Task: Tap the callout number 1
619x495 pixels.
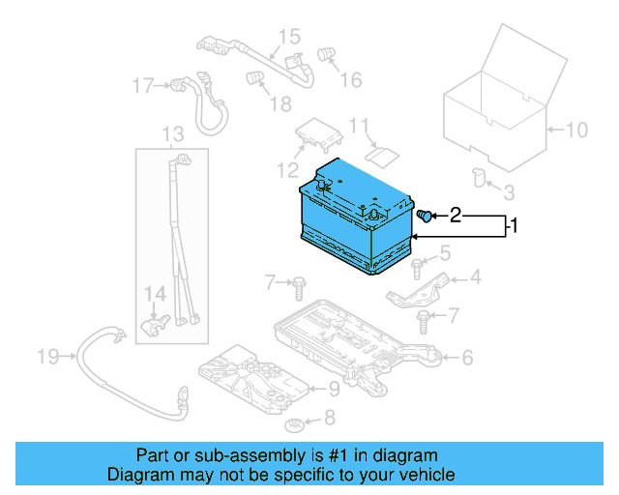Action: [x=516, y=226]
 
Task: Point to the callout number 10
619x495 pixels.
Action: [x=576, y=129]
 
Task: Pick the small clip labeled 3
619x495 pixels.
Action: [x=478, y=176]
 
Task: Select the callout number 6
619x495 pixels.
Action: [x=467, y=358]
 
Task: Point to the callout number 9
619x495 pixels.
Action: [x=334, y=389]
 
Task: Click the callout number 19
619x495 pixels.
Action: [x=48, y=358]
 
